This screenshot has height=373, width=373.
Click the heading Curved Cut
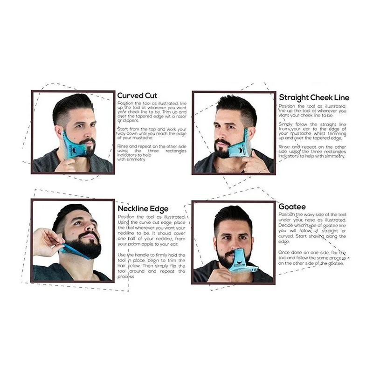(137, 96)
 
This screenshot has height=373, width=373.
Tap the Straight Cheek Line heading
(314, 97)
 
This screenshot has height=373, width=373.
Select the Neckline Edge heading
(143, 208)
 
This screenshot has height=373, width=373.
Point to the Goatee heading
(292, 206)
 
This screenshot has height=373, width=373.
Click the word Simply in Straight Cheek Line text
(286, 124)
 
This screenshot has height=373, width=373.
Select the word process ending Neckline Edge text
(126, 276)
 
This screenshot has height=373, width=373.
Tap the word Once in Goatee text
(285, 252)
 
